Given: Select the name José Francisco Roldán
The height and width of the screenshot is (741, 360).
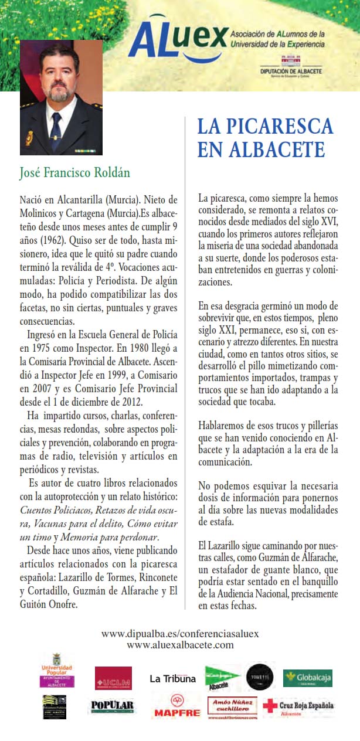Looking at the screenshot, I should [74, 173].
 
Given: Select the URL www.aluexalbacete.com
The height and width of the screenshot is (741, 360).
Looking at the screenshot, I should [180, 645].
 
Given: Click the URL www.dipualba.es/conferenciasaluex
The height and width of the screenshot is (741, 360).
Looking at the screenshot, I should [180, 634].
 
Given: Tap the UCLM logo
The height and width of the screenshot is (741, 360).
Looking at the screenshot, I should [113, 678].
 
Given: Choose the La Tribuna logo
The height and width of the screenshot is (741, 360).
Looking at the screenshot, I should [172, 679].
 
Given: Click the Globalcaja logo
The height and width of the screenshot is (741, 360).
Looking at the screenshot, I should [307, 678].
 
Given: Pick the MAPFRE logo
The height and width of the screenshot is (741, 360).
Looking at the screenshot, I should [177, 706].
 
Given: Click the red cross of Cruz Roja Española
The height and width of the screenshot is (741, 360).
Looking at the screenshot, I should [270, 706].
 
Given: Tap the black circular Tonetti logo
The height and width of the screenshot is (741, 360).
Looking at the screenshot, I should [260, 677].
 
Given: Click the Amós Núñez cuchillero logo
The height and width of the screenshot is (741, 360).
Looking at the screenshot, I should [232, 706].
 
